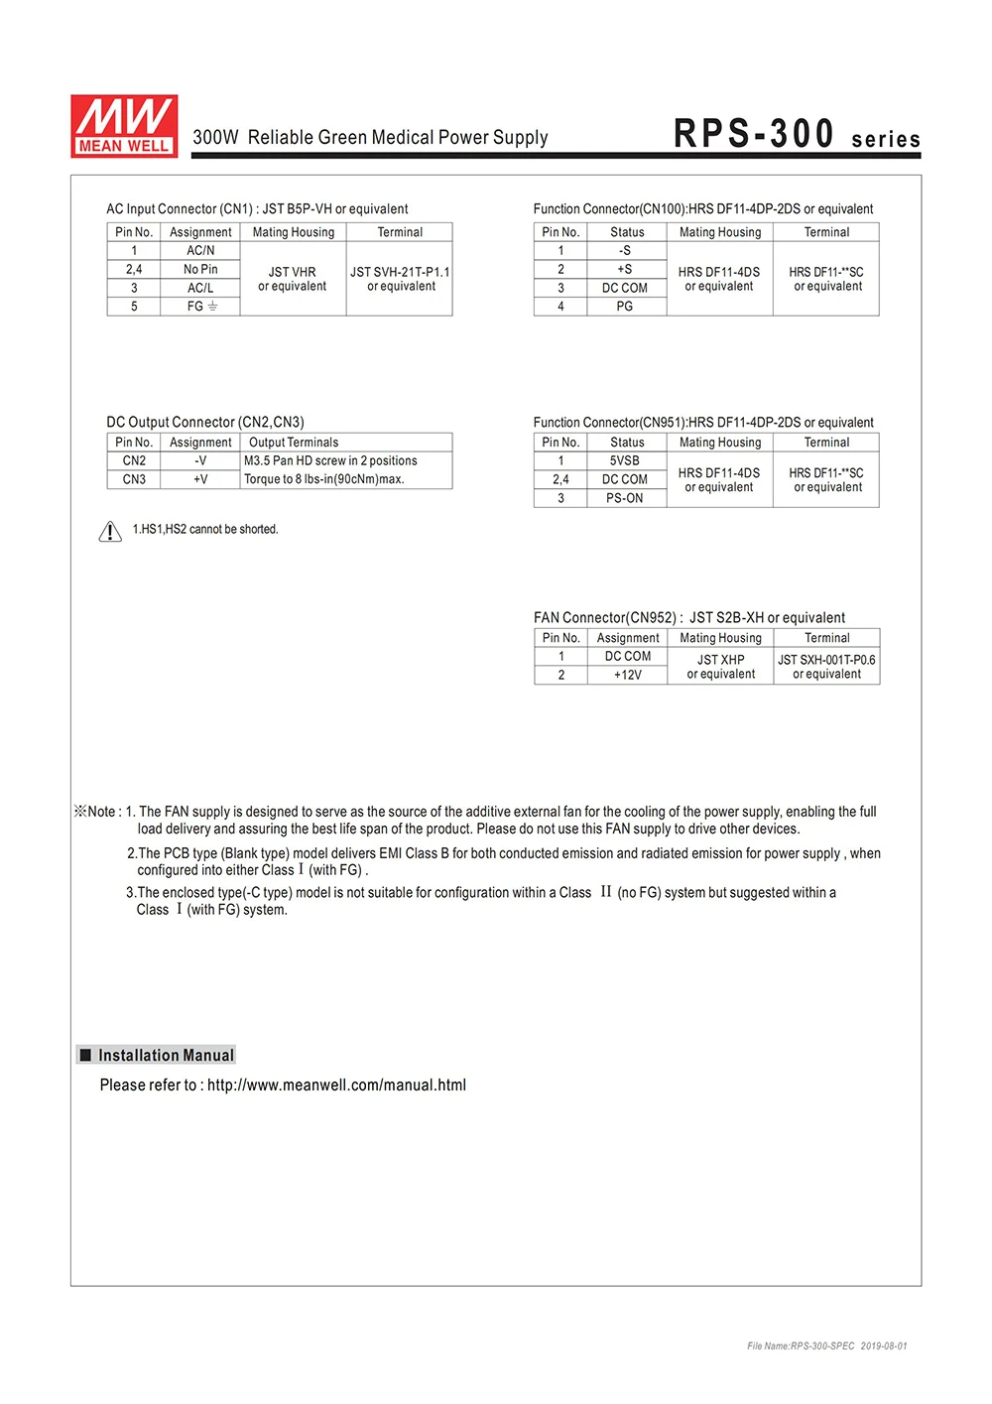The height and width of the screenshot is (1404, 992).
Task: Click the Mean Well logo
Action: coord(124,126)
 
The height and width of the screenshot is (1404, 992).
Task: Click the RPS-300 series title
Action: coord(797,134)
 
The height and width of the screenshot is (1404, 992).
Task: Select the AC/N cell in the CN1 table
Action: coord(200,251)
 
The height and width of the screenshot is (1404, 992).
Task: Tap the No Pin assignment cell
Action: coord(200,269)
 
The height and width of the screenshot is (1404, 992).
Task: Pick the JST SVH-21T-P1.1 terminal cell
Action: coord(400,279)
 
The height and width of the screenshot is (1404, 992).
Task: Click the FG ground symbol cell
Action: coord(201,307)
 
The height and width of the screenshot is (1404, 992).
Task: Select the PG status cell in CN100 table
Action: coord(625,307)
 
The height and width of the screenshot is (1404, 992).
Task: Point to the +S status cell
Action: coord(625,269)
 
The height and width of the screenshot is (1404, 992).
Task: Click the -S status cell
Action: coord(625,251)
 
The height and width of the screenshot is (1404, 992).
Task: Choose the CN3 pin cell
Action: coord(134,479)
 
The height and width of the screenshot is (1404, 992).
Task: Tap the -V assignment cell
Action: coord(200,460)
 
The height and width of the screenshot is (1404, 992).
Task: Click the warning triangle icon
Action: coord(110,532)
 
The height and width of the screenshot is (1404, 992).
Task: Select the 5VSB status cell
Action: coord(625,460)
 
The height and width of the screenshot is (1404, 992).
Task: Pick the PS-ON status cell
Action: coord(625,498)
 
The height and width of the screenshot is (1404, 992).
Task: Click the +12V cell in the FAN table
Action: coord(628,675)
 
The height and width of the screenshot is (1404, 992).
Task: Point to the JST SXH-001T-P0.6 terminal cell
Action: coord(826,666)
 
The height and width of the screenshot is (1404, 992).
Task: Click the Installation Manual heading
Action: coord(166,1056)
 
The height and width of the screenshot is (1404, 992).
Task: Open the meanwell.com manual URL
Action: coord(336,1085)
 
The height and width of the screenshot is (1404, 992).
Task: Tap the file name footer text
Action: coord(826,1346)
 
